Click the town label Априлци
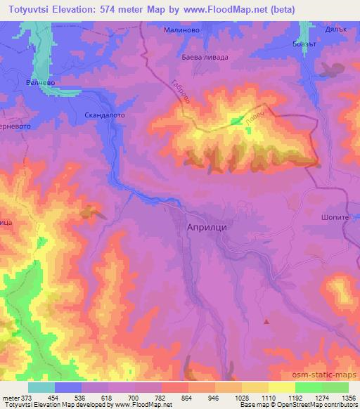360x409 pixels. (x=209, y=228)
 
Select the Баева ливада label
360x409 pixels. (x=205, y=57)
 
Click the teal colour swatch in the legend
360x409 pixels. (x=41, y=387)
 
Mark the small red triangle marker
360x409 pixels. (x=266, y=321)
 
